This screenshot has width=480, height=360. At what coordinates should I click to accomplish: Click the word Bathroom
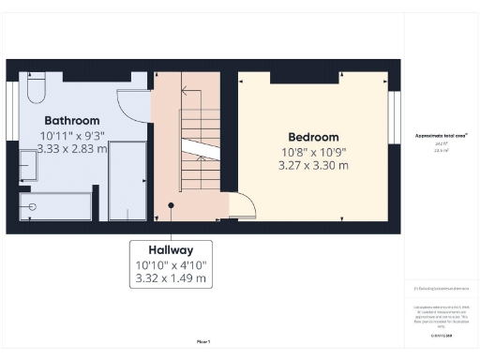[x=71, y=121]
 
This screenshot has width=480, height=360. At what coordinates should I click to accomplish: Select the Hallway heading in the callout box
[x=170, y=250]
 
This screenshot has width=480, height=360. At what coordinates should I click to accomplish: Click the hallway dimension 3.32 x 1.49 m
[x=170, y=278]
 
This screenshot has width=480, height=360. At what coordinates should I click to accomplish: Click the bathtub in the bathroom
[x=56, y=206]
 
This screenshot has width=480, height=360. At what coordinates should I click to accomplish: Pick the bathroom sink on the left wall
[x=27, y=166]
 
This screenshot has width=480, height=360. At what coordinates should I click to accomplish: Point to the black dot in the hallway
[x=170, y=204]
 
